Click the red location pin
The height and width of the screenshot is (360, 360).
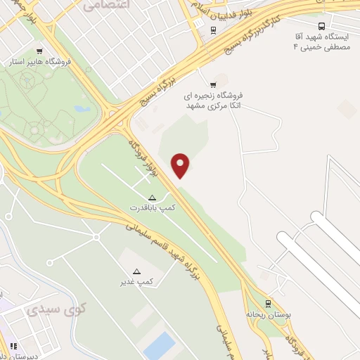point(181,165)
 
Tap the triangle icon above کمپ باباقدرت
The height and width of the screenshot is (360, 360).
point(152,197)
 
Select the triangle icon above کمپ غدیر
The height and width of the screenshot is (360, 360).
point(136,271)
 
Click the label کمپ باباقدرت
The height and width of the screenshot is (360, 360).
point(153,208)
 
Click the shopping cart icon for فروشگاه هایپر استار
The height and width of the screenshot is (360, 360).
point(39,51)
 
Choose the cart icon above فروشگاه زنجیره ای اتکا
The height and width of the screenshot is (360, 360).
point(213,85)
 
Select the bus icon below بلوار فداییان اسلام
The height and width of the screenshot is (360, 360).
point(213,30)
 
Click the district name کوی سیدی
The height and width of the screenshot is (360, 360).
point(57,309)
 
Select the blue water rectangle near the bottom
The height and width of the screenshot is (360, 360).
point(159,346)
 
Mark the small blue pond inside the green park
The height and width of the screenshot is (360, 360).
point(81,109)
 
